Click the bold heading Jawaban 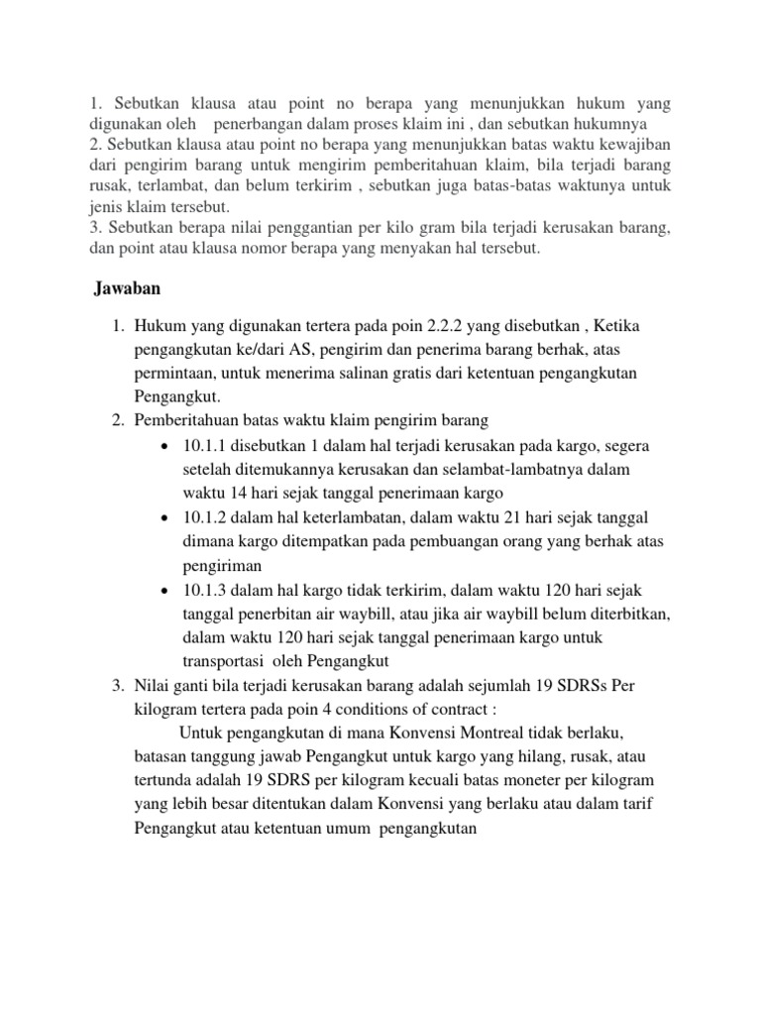pyautogui.click(x=127, y=289)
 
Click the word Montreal pyautogui.click(x=501, y=733)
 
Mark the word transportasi pyautogui.click(x=228, y=663)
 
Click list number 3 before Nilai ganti pyautogui.click(x=116, y=686)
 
